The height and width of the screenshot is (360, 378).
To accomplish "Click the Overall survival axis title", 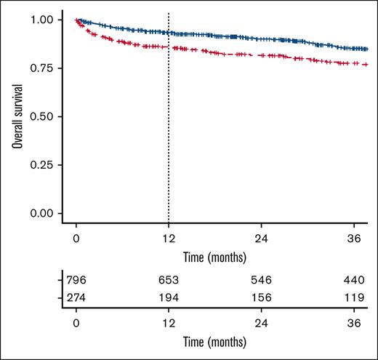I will (16, 116).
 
